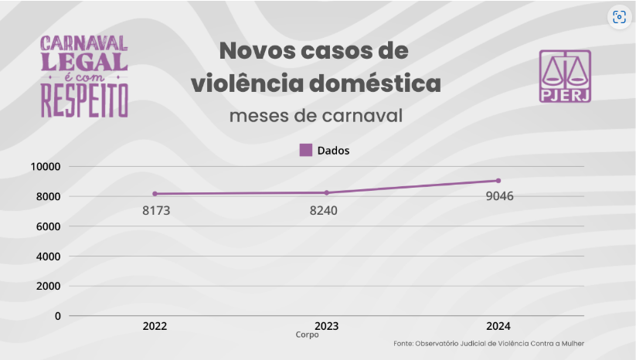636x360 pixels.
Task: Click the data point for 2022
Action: click(x=155, y=194)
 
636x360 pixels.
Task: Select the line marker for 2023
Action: click(x=327, y=192)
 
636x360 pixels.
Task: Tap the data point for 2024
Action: click(x=498, y=181)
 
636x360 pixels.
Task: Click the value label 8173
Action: click(x=156, y=210)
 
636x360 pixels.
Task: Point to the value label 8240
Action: click(x=323, y=210)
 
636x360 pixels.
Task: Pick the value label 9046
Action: click(x=499, y=195)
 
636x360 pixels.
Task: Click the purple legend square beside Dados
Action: click(x=306, y=150)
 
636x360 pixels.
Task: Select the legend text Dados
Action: click(x=333, y=151)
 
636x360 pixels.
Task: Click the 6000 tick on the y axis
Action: click(x=49, y=226)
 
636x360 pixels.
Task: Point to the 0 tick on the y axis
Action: click(x=57, y=316)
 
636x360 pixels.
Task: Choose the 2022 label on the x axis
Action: click(x=155, y=327)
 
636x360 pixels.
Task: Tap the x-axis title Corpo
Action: click(x=307, y=335)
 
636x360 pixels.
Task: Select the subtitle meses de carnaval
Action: click(x=316, y=116)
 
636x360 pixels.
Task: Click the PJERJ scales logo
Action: click(x=565, y=76)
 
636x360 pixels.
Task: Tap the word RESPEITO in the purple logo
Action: click(x=84, y=100)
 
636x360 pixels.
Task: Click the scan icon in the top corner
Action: click(x=618, y=18)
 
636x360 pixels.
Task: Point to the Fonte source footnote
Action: click(x=488, y=344)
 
